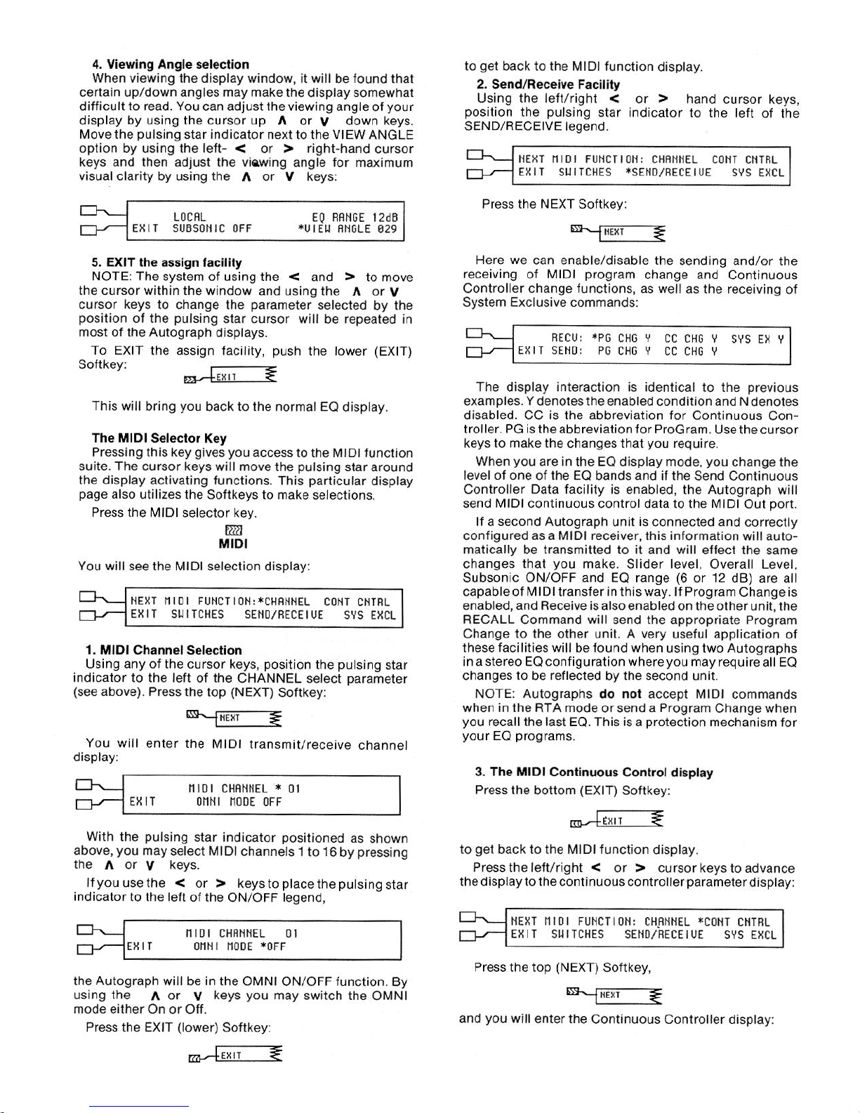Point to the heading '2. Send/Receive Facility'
548,84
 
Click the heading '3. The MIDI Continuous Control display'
594,772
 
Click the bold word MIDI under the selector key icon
233,544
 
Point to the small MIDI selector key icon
233,529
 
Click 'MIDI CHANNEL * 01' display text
244,789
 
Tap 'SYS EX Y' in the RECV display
757,339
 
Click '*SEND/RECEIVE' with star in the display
668,173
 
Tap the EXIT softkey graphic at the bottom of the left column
235,1055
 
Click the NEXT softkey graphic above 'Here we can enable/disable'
618,232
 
